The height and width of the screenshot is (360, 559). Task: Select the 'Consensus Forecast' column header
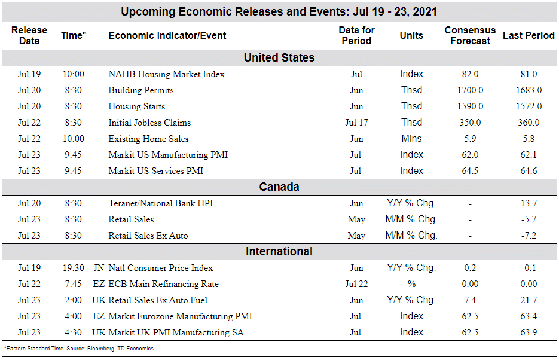click(x=470, y=35)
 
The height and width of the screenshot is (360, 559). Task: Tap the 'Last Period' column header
click(x=529, y=35)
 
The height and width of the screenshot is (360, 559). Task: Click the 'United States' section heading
click(x=279, y=58)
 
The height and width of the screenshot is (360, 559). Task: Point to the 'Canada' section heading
click(x=279, y=187)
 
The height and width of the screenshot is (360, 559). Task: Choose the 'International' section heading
click(x=279, y=252)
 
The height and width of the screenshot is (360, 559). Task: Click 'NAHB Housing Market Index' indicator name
click(x=166, y=74)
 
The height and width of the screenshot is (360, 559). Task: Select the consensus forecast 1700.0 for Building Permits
click(x=470, y=90)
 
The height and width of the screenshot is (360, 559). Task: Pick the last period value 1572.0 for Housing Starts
click(x=529, y=106)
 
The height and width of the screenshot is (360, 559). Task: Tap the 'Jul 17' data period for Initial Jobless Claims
click(x=356, y=123)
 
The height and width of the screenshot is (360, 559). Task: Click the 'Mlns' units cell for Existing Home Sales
click(x=411, y=139)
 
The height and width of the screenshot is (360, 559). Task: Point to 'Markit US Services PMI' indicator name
click(x=155, y=171)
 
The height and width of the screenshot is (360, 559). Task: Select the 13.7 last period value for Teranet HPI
click(x=529, y=203)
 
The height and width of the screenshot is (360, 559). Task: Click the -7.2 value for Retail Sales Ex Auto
click(x=529, y=236)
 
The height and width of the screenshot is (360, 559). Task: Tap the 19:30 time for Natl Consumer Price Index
click(x=73, y=268)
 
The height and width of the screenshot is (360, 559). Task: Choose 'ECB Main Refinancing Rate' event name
click(x=163, y=284)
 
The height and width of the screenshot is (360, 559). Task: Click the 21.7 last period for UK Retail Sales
click(x=529, y=300)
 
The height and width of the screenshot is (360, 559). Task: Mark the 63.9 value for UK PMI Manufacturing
click(x=529, y=332)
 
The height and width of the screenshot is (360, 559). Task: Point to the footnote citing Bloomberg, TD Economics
click(x=80, y=349)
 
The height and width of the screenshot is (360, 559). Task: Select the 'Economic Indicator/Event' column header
click(x=167, y=35)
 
